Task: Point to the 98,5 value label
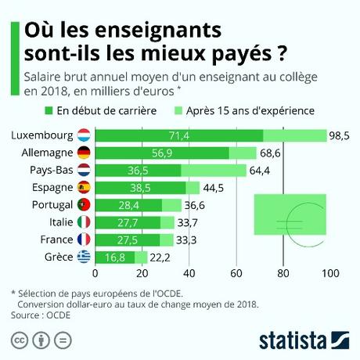(339, 136)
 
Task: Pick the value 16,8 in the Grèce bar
(115, 257)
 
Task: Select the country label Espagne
(49, 187)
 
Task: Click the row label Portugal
(49, 204)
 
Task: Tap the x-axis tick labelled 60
(236, 274)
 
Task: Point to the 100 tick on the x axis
(329, 274)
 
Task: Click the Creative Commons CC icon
(18, 340)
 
